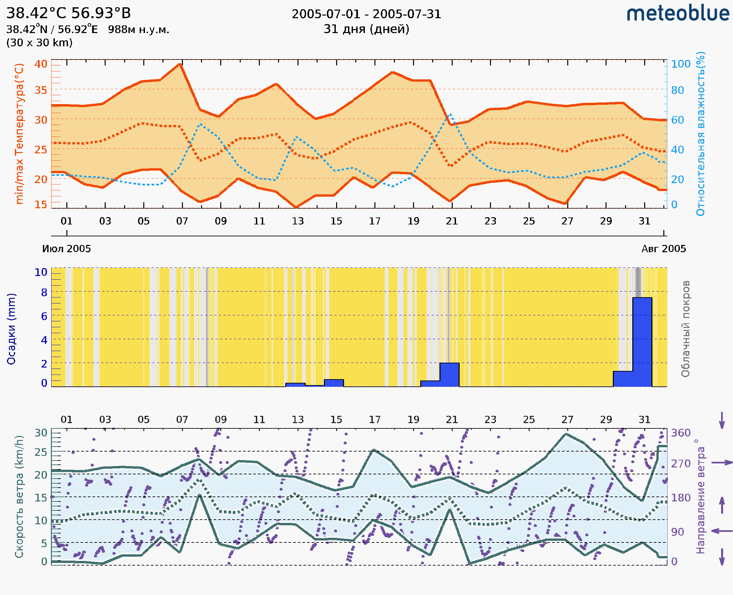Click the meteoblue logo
coord(678,14)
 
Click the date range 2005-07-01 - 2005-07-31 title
coord(366,14)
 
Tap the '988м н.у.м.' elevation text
coord(138,30)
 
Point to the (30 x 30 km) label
coord(39,43)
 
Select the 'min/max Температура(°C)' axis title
coord(19,134)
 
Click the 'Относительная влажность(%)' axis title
coord(700,134)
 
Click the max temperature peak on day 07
coord(180,64)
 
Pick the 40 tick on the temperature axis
coord(41,64)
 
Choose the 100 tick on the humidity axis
coord(681,64)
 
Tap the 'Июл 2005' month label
coord(66,249)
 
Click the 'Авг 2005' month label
coord(664,249)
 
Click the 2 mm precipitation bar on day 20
coord(449,374)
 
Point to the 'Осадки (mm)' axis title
coord(11,329)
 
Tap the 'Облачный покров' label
coord(685,329)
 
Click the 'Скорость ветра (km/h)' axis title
coord(19,497)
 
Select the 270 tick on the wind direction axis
coord(681,464)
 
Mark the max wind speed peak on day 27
coord(566,434)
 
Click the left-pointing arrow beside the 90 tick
coord(722,531)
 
